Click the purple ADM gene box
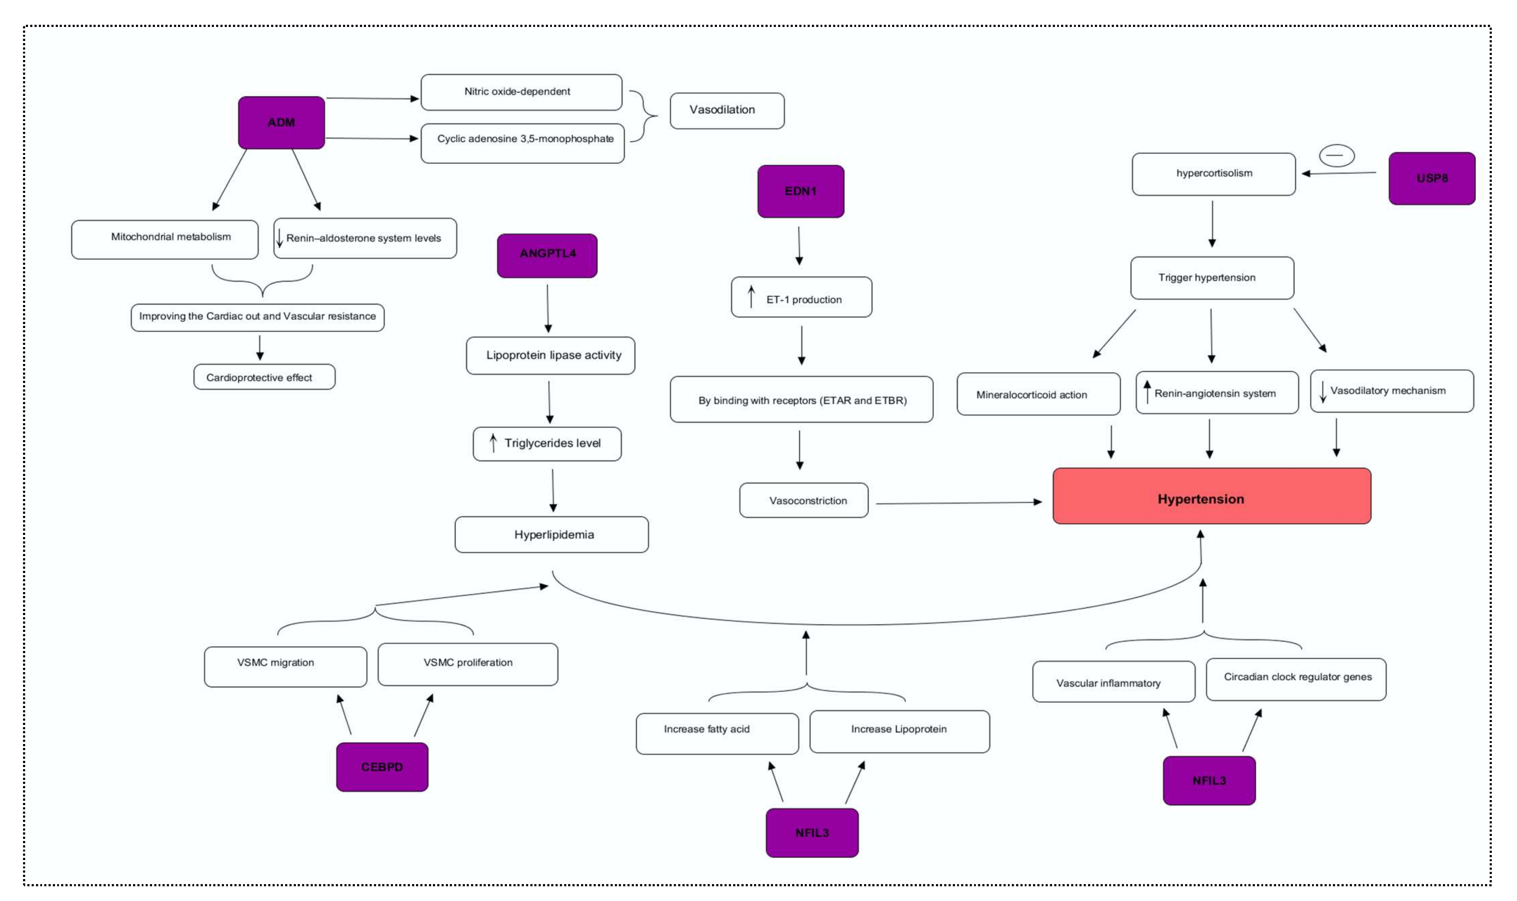coord(281,123)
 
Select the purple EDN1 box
coord(800,191)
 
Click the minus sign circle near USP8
coord(1336,156)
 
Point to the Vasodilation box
coord(727,111)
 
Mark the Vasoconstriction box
coord(803,500)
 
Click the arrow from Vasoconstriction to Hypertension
coord(959,503)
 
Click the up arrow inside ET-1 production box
coord(751,297)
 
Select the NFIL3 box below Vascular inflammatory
coord(1208,780)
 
